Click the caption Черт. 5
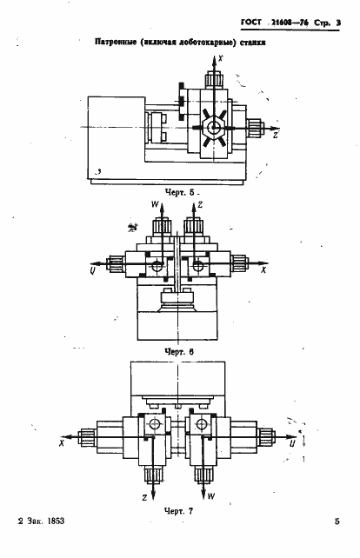point(180,193)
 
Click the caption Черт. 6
point(179,352)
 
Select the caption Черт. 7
point(179,511)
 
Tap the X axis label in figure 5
point(221,58)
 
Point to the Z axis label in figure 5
point(276,136)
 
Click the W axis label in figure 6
point(156,204)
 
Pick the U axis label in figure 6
point(92,271)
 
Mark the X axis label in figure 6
point(263,270)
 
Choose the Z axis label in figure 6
point(200,205)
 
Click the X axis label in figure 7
point(62,444)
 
